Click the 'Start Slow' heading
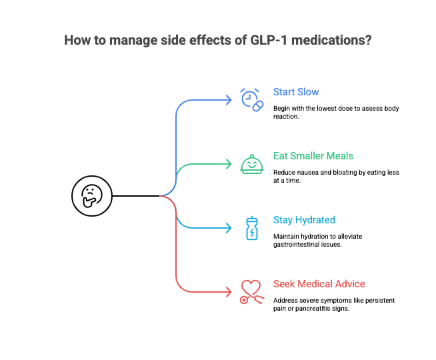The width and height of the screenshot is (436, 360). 296,92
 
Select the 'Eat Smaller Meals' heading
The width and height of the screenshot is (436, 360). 313,156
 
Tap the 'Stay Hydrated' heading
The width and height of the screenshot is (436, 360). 304,220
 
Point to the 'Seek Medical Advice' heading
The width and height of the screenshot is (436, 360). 319,284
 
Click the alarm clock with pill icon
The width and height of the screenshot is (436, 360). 252,100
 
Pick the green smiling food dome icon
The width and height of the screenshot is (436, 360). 252,164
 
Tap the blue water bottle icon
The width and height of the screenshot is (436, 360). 252,228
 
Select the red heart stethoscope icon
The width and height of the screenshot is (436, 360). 251,292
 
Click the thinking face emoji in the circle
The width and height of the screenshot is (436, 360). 92,196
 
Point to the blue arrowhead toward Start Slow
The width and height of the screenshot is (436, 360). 229,100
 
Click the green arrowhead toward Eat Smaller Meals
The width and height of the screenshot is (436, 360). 229,164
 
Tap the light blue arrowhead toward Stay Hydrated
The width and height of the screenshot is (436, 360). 229,228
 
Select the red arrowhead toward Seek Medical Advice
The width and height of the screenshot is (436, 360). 229,292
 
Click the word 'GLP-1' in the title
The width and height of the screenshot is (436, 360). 269,40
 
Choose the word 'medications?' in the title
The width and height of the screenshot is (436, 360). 331,40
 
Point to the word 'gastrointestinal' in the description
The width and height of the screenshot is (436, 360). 296,245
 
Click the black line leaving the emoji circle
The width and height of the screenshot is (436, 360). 136,196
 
